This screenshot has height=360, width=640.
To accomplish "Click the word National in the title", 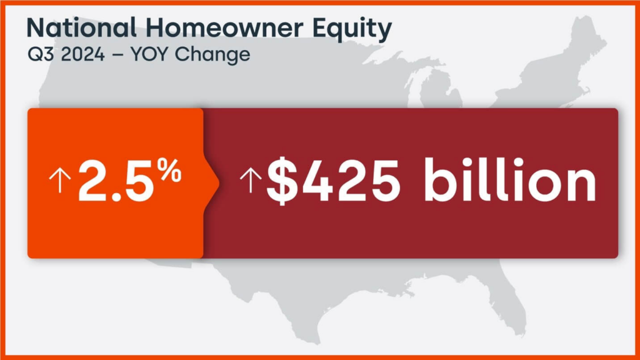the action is (x=81, y=27).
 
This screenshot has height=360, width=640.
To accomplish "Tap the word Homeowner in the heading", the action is (x=224, y=27).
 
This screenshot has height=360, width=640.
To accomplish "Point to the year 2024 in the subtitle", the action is (x=83, y=54).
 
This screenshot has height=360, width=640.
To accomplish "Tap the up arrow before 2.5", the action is (x=60, y=181).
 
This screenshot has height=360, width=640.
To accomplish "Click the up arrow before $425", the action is (x=250, y=181).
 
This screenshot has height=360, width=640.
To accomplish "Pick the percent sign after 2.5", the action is (x=170, y=171).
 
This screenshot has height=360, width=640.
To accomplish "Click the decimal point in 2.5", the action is (x=116, y=197).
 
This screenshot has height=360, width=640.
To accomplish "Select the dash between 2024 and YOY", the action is (x=117, y=56).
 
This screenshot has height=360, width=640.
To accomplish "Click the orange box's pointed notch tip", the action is (x=219, y=183).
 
